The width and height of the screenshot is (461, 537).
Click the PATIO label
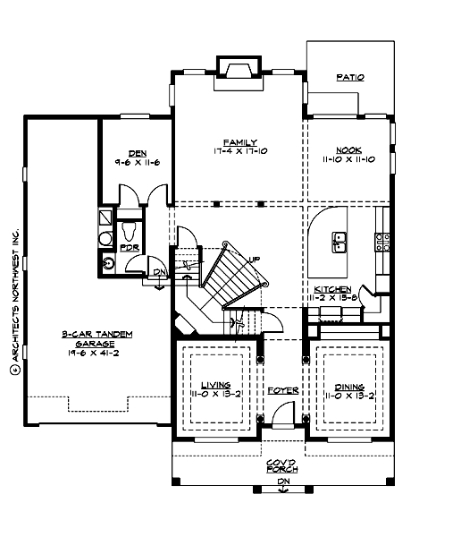349,78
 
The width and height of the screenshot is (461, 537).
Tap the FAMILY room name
240,142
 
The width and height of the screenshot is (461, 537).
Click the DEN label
137,153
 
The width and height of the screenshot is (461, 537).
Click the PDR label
129,247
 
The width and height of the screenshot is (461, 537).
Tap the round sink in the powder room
109,263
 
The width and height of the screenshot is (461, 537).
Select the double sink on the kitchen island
340,241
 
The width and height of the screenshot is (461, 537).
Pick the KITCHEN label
331,289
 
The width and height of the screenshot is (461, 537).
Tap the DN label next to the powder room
159,272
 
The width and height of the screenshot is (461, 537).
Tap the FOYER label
282,391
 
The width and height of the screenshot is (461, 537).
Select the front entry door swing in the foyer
283,414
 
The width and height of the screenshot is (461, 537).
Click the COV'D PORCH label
282,465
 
